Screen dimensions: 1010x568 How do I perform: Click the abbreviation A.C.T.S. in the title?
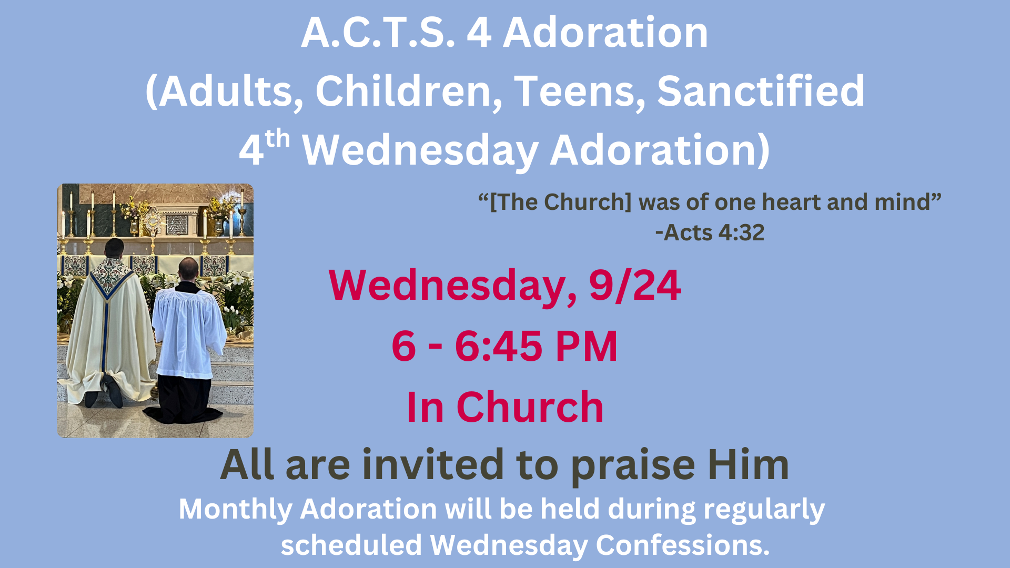378,33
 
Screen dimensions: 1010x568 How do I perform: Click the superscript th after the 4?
277,139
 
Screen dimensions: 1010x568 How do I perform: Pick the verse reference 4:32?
741,232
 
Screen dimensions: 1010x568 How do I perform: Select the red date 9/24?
635,286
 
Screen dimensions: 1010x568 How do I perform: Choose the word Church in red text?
530,407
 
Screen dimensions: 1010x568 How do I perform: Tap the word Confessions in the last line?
682,545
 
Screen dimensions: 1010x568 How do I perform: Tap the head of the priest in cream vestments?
114,248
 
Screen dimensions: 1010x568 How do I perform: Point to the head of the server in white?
188,270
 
